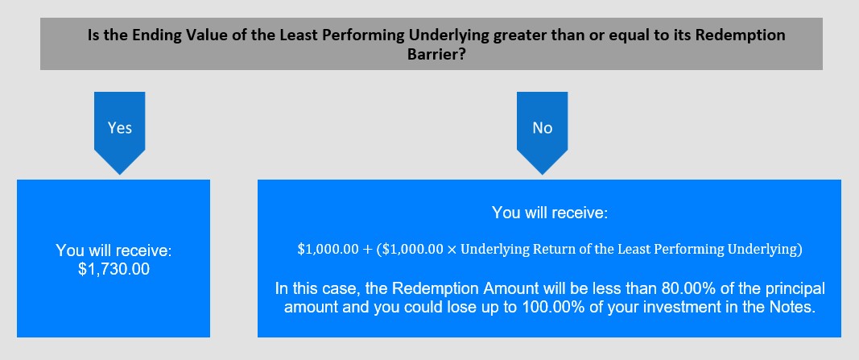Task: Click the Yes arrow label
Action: point(119,128)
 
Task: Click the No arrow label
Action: point(543,128)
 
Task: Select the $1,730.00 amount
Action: point(114,269)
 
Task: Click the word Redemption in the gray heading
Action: point(747,35)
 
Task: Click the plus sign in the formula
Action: point(366,249)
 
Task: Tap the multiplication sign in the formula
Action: point(452,250)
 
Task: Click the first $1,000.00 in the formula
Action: point(328,249)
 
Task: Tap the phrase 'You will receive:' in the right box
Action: point(550,212)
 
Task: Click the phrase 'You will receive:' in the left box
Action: point(114,250)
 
